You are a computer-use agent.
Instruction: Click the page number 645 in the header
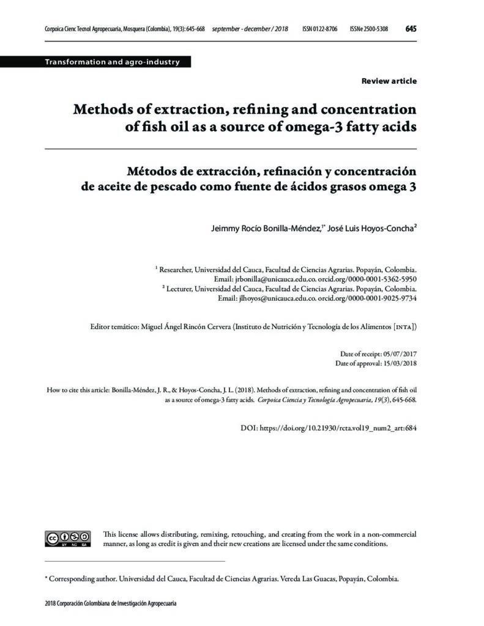tap(411, 29)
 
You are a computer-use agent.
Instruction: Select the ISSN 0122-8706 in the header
tap(319, 29)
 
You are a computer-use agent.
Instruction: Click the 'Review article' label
tap(389, 81)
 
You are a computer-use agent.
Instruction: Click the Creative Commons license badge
tap(68, 538)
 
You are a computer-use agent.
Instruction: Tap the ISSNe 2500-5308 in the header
tap(368, 29)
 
